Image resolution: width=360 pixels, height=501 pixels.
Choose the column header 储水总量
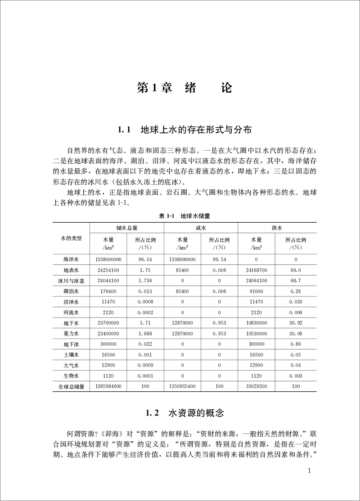127,228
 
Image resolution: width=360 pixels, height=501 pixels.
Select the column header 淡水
277,228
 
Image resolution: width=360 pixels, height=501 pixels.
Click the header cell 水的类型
71,237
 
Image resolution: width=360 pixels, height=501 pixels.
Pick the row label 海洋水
71,259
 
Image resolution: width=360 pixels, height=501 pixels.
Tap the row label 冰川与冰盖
71,281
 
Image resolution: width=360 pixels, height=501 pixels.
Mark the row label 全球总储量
71,386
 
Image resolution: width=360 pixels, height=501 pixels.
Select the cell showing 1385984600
108,386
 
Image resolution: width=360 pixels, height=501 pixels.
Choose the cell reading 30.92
296,323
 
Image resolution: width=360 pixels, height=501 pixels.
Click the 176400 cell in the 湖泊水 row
108,291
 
